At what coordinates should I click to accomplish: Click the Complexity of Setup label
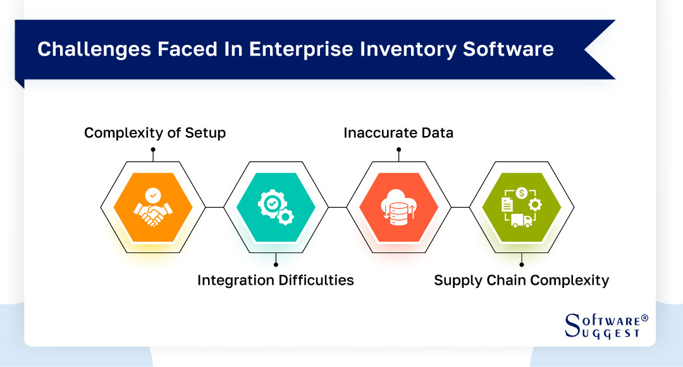[155, 133]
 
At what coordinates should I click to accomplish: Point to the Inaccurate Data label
[398, 133]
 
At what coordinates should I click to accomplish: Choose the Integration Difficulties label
[275, 280]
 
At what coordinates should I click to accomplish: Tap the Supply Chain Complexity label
[521, 280]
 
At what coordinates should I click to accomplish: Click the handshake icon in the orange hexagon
[152, 208]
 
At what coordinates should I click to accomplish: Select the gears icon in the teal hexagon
[275, 208]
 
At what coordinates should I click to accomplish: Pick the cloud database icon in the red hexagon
[398, 207]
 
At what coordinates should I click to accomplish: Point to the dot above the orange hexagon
[152, 150]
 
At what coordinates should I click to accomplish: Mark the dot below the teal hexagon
[275, 264]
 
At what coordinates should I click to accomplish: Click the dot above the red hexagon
[398, 150]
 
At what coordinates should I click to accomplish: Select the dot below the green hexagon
[521, 264]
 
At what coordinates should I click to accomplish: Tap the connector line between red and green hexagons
[460, 207]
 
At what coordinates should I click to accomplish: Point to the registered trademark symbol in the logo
[644, 318]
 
